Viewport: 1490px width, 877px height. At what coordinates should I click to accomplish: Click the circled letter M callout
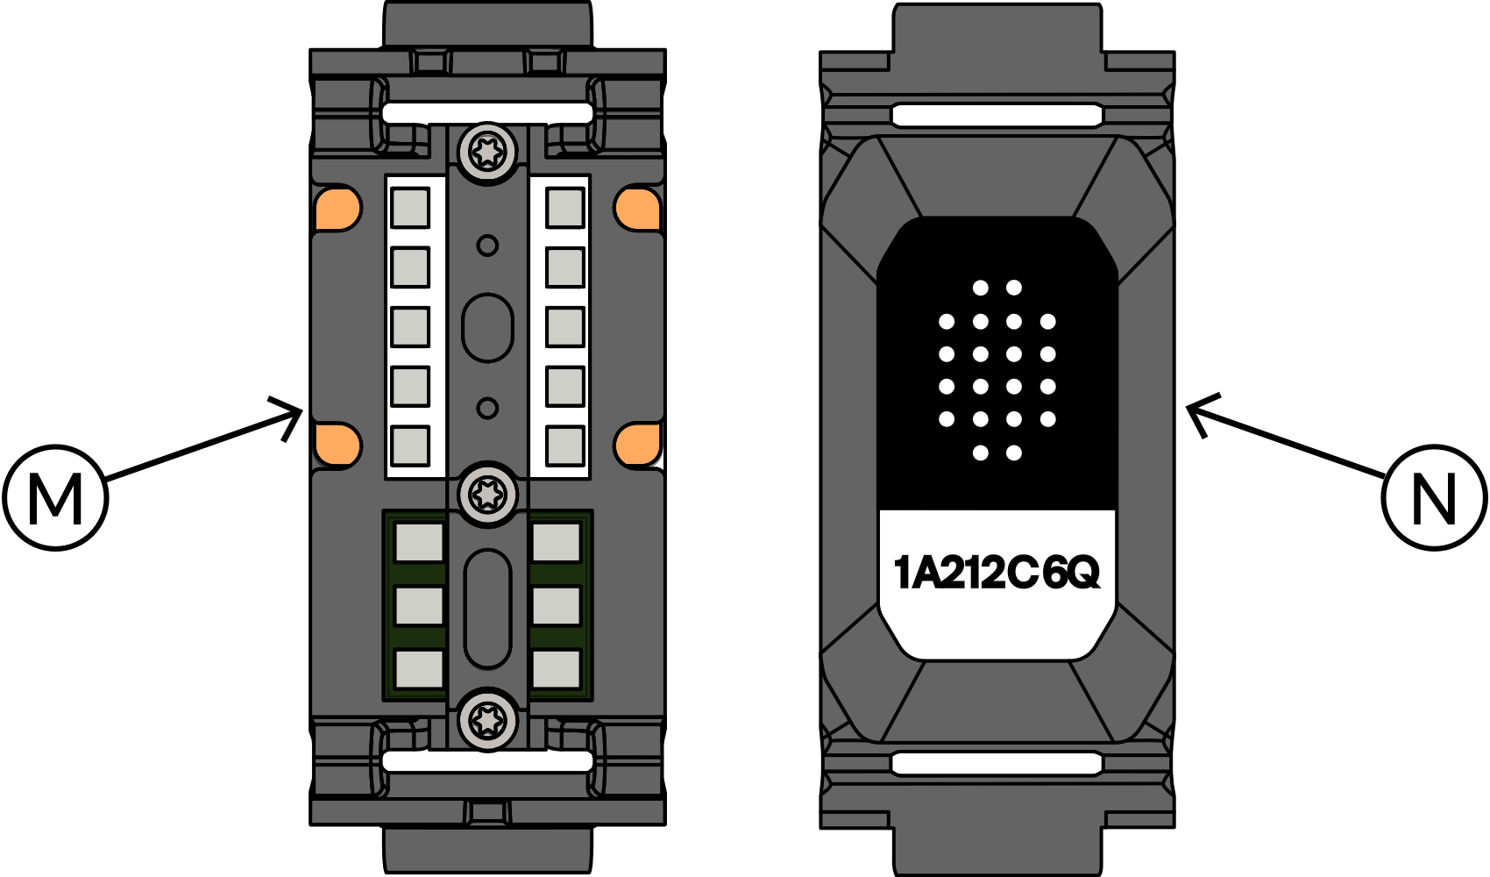[x=55, y=498]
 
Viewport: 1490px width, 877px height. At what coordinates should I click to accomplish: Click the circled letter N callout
[x=1434, y=498]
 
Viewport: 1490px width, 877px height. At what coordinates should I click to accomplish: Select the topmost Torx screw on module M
[x=487, y=153]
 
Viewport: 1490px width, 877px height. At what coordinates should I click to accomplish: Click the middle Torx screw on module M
[x=487, y=495]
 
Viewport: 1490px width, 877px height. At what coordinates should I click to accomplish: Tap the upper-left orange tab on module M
[x=338, y=209]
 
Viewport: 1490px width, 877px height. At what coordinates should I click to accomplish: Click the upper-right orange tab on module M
[x=637, y=209]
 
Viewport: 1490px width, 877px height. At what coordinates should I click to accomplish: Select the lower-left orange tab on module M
[x=338, y=445]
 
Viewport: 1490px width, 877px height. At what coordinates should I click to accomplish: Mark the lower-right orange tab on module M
[x=637, y=445]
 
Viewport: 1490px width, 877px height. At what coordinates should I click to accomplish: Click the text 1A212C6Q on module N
[x=997, y=573]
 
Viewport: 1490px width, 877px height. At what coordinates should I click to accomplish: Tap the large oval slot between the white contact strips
[x=487, y=327]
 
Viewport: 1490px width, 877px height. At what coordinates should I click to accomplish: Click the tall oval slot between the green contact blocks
[x=487, y=609]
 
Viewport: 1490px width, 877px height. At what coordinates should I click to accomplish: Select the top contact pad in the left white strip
[x=410, y=208]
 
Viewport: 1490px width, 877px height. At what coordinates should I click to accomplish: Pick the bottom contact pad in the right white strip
[x=565, y=446]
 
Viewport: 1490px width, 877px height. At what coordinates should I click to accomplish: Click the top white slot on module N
[x=997, y=115]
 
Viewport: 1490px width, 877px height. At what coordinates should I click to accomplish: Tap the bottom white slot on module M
[x=487, y=761]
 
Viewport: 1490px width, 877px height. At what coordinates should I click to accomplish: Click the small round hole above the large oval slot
[x=487, y=246]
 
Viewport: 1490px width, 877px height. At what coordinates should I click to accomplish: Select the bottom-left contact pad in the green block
[x=419, y=669]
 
